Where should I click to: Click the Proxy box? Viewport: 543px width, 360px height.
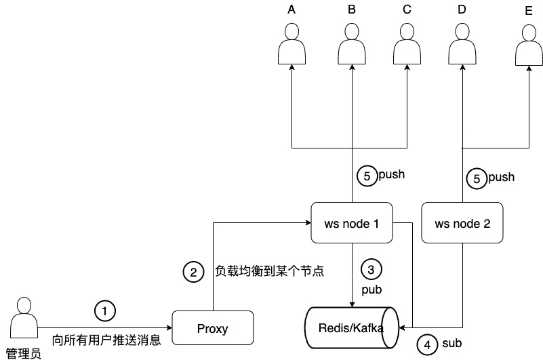tap(212, 329)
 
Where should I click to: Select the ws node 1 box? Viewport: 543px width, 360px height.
tap(350, 222)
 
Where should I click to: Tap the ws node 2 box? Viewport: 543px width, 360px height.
tap(462, 223)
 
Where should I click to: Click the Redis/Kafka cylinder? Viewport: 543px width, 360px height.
tap(351, 328)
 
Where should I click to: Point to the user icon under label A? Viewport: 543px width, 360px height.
tap(291, 45)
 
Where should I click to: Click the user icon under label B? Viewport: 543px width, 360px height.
tap(351, 45)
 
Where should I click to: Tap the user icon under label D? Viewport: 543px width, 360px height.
tap(462, 45)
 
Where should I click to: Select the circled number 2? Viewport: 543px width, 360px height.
tap(193, 273)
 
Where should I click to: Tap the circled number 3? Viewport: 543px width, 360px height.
tap(370, 269)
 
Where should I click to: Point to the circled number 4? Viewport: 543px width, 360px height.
tap(426, 344)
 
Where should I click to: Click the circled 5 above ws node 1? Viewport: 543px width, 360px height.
tap(367, 176)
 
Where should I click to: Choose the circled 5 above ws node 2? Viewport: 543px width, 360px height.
tap(477, 179)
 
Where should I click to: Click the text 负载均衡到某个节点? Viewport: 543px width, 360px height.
tap(269, 272)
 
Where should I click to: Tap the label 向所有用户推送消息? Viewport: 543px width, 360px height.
tap(106, 340)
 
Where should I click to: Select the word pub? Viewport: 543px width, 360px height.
tap(371, 289)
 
